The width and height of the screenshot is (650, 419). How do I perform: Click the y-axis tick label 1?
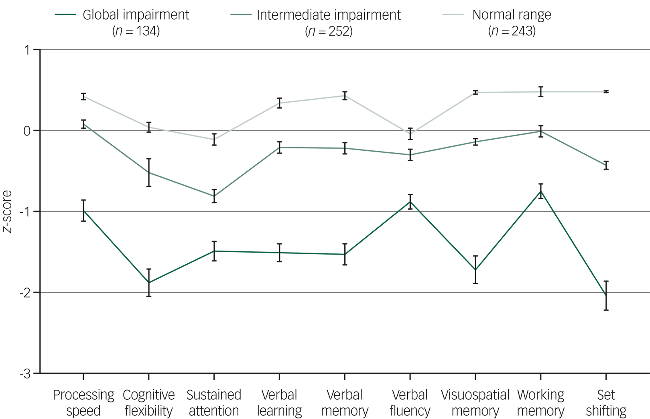pos(27,50)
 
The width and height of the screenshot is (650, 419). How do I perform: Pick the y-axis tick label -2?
pos(25,293)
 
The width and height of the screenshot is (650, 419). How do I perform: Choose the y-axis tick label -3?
pos(25,374)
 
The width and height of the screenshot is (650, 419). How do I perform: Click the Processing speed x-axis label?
pos(83,403)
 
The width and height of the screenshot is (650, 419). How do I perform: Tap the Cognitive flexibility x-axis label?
pos(149,403)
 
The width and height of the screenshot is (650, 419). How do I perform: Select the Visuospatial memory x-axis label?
pos(475,403)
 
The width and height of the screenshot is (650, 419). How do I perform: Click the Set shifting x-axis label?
pos(606,403)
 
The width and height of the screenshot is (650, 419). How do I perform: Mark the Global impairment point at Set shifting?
pos(606,296)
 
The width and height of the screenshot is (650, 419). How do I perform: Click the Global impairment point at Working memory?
pos(541,191)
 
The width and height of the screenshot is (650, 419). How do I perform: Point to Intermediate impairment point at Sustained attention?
pos(214,196)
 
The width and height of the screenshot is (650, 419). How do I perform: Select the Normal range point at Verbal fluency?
pos(410,134)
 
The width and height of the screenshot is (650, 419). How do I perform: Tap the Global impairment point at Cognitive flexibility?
pos(149,283)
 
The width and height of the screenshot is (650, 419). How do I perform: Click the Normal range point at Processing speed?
pos(83,96)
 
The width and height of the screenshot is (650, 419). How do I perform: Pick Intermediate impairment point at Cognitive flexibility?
pos(149,172)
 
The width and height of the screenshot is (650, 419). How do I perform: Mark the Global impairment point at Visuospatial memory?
pos(475,270)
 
